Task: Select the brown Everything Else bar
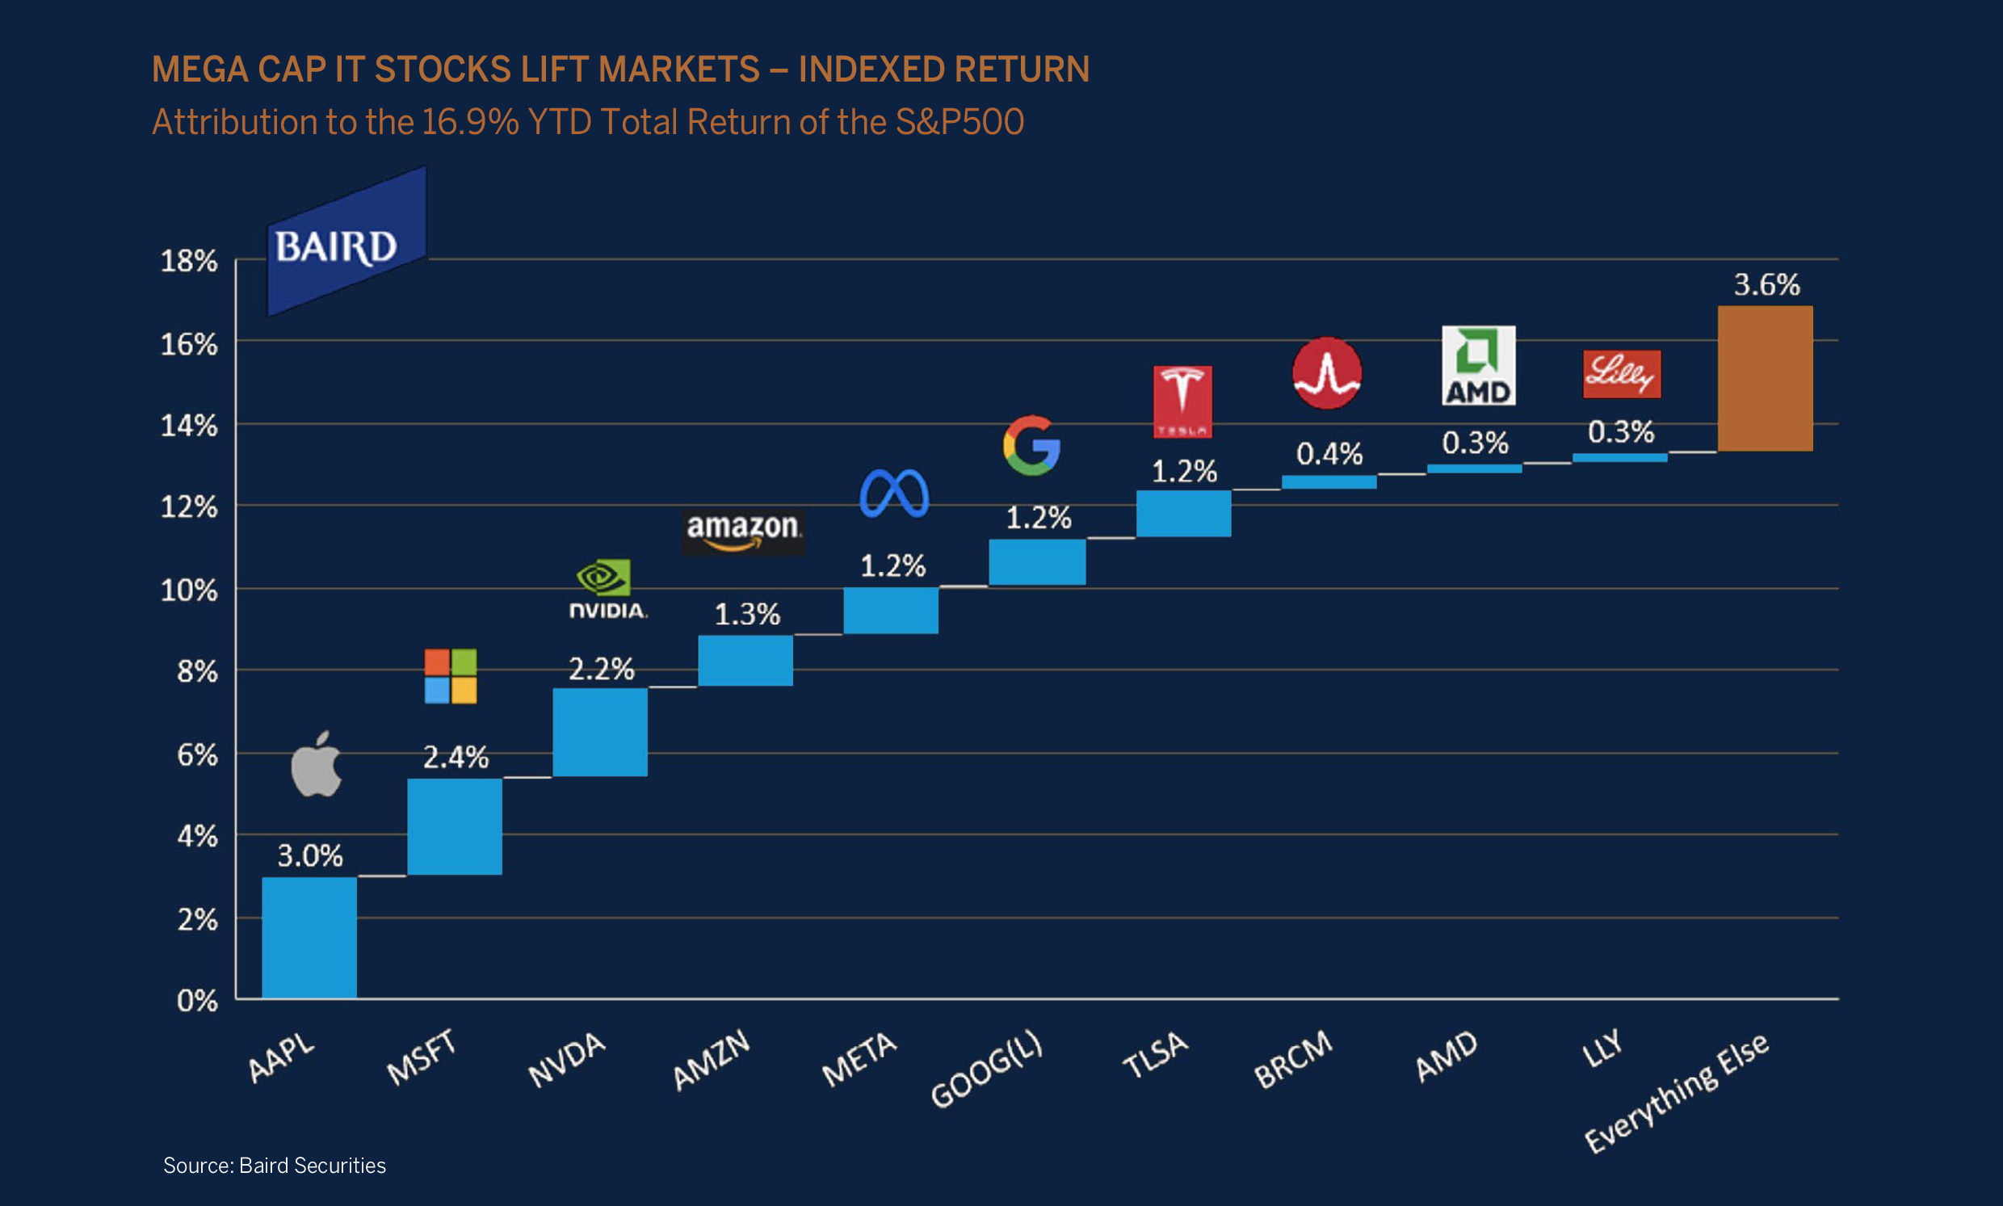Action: pos(1765,379)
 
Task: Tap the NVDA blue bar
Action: pos(599,732)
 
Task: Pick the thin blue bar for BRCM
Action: pos(1329,482)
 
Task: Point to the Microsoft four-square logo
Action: pos(451,676)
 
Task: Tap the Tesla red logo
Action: pos(1182,401)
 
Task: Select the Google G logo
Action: pos(1031,445)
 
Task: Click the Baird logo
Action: pos(346,242)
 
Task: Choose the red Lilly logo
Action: pos(1621,374)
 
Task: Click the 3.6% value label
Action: pos(1766,285)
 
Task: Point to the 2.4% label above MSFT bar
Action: pos(455,758)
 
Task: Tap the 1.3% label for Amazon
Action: pos(746,615)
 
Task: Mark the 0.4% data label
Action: pos(1329,453)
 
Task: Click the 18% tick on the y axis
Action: pos(188,262)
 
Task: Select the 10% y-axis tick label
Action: pos(188,590)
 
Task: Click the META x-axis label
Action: pos(859,1059)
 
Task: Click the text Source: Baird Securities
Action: pos(275,1166)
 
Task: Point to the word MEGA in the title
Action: pos(199,70)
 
